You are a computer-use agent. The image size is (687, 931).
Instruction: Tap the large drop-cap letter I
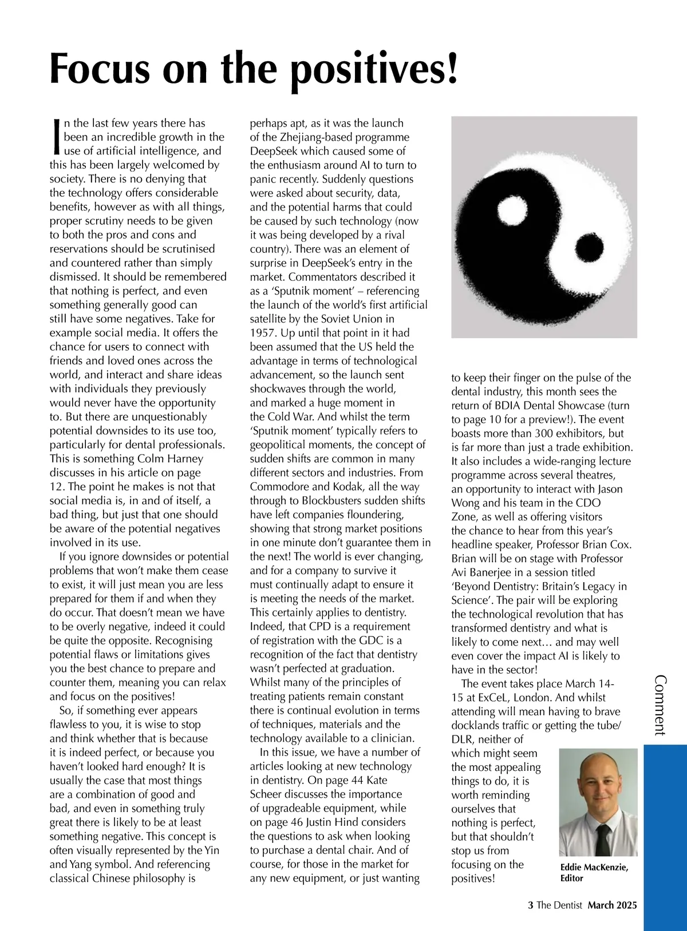pos(56,137)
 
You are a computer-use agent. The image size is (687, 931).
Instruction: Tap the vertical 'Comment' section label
pos(660,705)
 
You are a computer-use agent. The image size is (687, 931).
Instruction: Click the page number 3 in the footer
pos(530,905)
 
